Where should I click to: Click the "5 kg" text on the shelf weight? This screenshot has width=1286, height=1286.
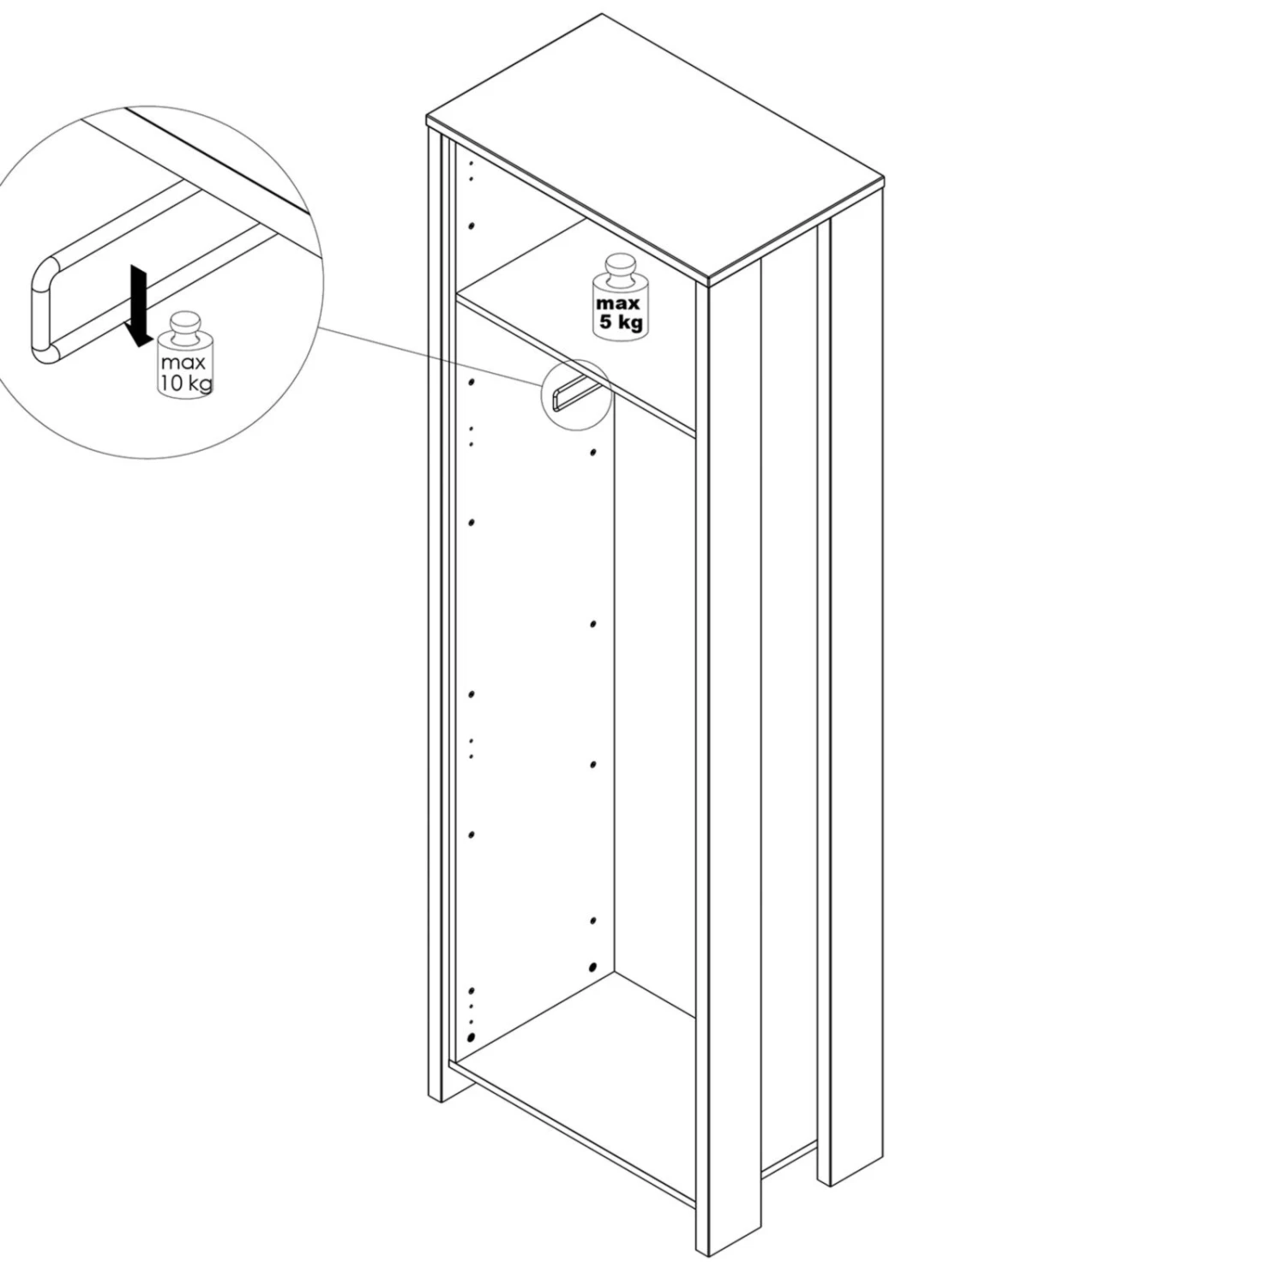[620, 322]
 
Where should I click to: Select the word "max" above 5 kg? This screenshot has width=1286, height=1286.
[619, 304]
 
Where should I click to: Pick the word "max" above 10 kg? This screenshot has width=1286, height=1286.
[183, 363]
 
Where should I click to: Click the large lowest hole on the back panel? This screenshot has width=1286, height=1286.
[592, 966]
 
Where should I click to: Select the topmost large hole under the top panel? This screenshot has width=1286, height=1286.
[472, 225]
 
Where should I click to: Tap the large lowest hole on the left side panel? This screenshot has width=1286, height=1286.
[471, 1037]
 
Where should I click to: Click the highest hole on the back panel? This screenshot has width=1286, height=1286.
[592, 452]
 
